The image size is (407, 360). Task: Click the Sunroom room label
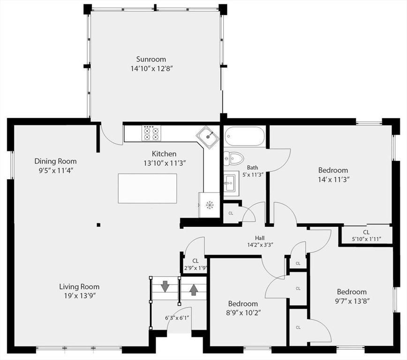pos(151,59)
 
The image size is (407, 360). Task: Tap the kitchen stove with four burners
pos(151,133)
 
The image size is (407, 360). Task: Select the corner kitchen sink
pos(208,136)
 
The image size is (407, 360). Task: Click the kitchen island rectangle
pos(147,188)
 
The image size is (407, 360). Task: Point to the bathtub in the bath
pos(244,136)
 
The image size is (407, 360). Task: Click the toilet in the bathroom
pos(234,158)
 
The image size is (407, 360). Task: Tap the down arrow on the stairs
pos(165,286)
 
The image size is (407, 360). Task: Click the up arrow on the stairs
pos(193,290)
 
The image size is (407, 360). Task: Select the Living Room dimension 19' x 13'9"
pos(79,296)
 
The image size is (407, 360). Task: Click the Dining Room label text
pos(55,161)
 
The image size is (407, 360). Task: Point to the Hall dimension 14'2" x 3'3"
pos(260,245)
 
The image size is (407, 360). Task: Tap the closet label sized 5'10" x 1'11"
pos(366,239)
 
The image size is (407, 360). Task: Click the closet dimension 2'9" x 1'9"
pos(195,268)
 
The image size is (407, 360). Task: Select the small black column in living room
pos(98,225)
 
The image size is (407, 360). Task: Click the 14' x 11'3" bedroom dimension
pos(333,180)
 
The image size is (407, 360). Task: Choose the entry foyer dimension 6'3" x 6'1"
pos(177,317)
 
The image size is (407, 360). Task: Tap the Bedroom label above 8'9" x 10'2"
pos(243,304)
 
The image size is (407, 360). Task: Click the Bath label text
pos(253,167)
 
